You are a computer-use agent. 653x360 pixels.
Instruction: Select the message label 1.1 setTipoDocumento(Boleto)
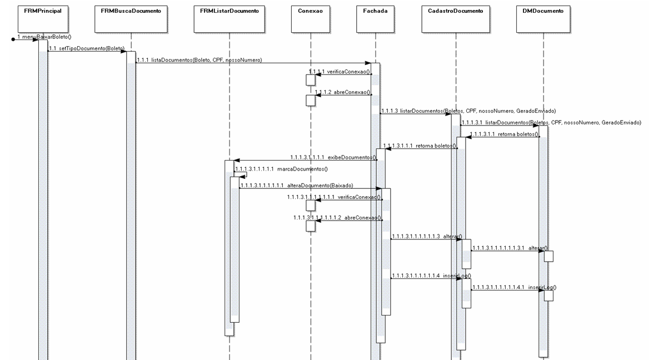coord(87,48)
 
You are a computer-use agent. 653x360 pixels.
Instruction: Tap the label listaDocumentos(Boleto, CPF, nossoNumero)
coord(199,59)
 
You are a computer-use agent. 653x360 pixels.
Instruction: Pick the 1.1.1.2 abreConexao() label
coord(342,92)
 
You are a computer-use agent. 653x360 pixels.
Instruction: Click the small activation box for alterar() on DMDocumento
coord(548,256)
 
